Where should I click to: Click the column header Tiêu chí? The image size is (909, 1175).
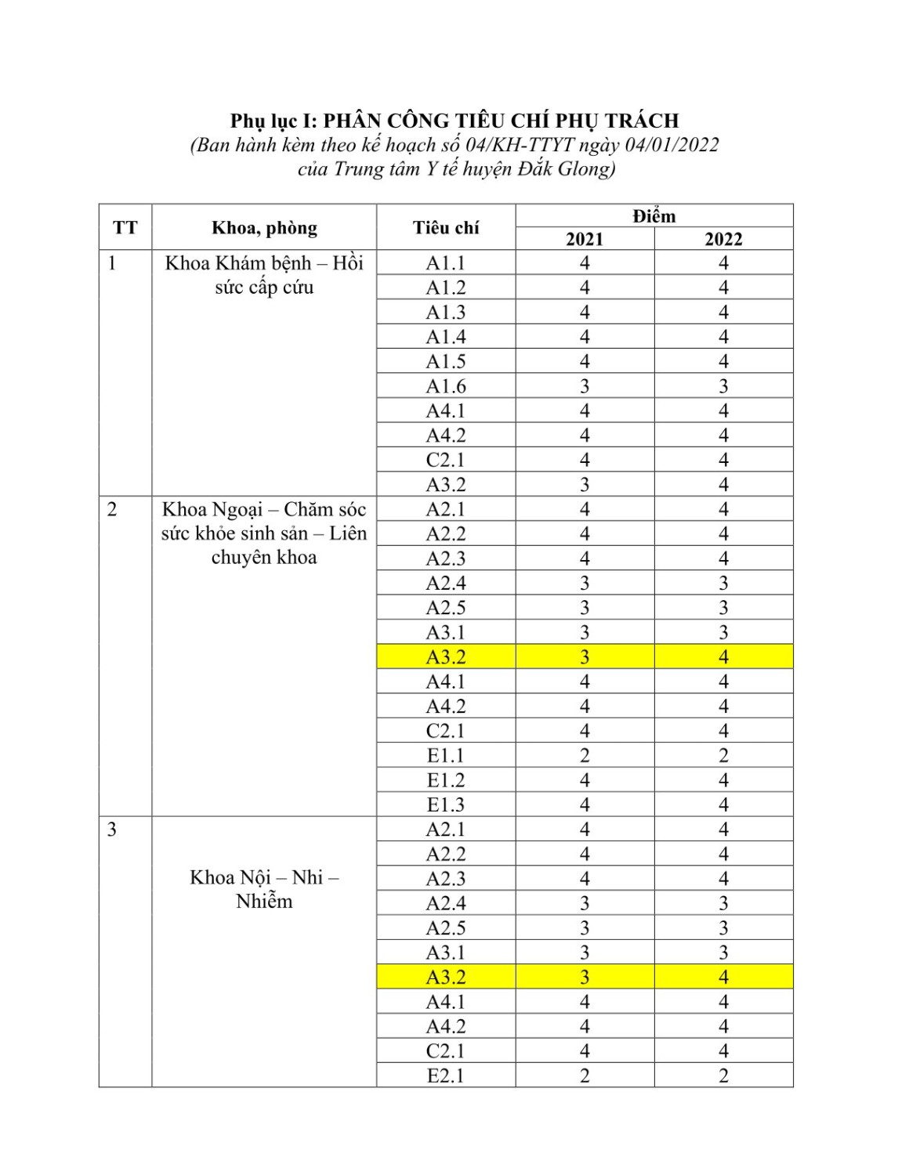[x=446, y=228]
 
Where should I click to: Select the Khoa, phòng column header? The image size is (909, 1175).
[x=264, y=228]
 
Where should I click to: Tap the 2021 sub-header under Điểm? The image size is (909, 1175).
[x=585, y=240]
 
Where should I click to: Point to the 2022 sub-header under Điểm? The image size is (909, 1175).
[x=723, y=240]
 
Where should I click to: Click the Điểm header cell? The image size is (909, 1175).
[x=654, y=216]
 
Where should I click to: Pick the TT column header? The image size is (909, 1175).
[x=125, y=228]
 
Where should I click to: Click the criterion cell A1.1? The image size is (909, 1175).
[x=446, y=263]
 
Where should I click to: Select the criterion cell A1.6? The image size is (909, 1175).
[x=446, y=386]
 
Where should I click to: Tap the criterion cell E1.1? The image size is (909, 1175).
[x=446, y=756]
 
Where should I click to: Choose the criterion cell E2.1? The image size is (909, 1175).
[x=446, y=1076]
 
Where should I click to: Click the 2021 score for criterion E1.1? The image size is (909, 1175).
[x=585, y=756]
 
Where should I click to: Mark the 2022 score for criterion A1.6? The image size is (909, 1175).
[x=723, y=386]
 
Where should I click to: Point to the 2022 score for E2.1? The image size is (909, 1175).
[x=723, y=1076]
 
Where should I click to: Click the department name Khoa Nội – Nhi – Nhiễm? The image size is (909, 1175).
[x=264, y=889]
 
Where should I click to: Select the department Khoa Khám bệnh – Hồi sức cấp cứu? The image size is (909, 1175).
[x=264, y=275]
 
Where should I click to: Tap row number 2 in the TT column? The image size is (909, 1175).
[x=112, y=510]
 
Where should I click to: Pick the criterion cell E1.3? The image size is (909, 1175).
[x=446, y=805]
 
